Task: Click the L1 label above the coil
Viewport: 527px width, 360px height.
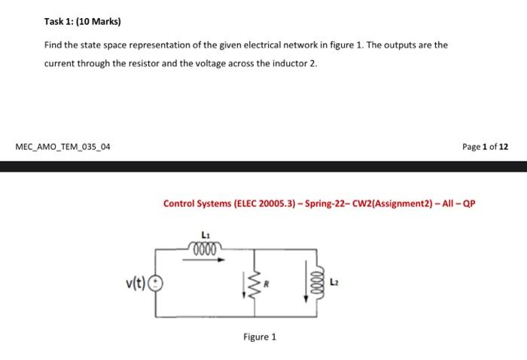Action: [206, 233]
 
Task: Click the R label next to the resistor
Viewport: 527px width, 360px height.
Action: [266, 285]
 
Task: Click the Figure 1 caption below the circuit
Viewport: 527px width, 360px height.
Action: [260, 337]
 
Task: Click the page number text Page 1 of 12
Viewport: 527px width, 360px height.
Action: [486, 146]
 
